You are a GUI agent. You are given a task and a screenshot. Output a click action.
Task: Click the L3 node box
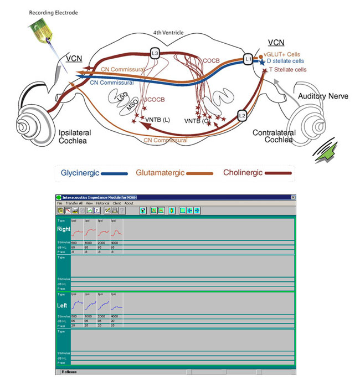tap(155, 53)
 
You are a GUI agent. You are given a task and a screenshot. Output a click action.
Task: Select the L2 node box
tap(242, 115)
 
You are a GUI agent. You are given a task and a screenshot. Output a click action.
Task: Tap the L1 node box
tap(248, 58)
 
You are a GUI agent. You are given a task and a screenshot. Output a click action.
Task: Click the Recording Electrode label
tap(53, 12)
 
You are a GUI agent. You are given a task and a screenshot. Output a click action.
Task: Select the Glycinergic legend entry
tap(80, 173)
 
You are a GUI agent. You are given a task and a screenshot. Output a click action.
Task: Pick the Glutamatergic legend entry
tap(161, 173)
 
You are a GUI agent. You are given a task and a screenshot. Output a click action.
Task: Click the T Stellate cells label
tap(287, 70)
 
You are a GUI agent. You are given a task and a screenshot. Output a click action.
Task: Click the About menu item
tap(129, 203)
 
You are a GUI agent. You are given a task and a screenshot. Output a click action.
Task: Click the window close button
tap(293, 198)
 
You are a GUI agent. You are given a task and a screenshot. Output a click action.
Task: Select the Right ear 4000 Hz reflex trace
tap(116, 232)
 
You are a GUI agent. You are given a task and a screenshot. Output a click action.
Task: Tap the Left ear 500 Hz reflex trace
tap(76, 305)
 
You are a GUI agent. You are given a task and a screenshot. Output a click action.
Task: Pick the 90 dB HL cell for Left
tap(114, 321)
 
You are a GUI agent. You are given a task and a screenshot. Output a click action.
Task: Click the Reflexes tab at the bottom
tap(70, 372)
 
